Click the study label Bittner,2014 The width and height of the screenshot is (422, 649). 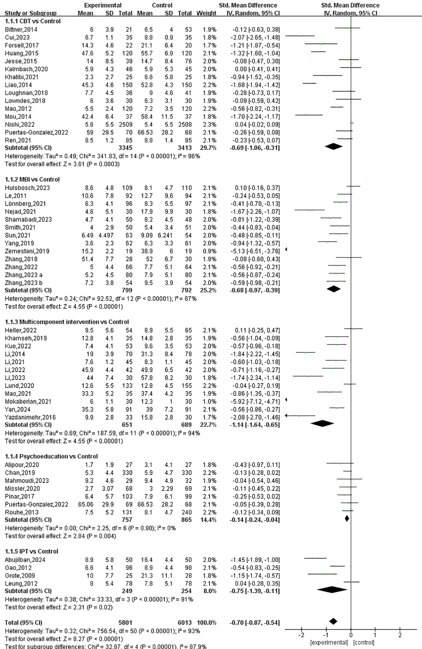click(21, 29)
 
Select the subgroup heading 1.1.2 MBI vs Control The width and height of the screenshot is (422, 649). click(32, 179)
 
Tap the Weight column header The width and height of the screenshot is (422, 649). click(206, 13)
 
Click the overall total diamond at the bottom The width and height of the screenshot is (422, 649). click(333, 621)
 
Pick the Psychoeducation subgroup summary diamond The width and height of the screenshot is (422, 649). click(347, 519)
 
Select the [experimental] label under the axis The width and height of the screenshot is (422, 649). click(329, 642)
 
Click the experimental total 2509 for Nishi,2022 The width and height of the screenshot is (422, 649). click(125, 124)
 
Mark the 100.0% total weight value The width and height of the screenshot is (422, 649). click(206, 622)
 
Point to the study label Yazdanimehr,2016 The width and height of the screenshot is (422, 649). click(30, 417)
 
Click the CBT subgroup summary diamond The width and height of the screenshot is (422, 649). click(333, 146)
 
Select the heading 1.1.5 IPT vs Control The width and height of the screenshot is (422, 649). click(32, 551)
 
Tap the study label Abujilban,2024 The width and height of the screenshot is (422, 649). click(25, 560)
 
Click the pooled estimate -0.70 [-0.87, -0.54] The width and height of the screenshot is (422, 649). click(255, 622)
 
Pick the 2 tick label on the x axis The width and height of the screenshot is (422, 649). click(400, 635)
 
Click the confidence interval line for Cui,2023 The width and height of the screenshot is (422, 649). click(300, 36)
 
